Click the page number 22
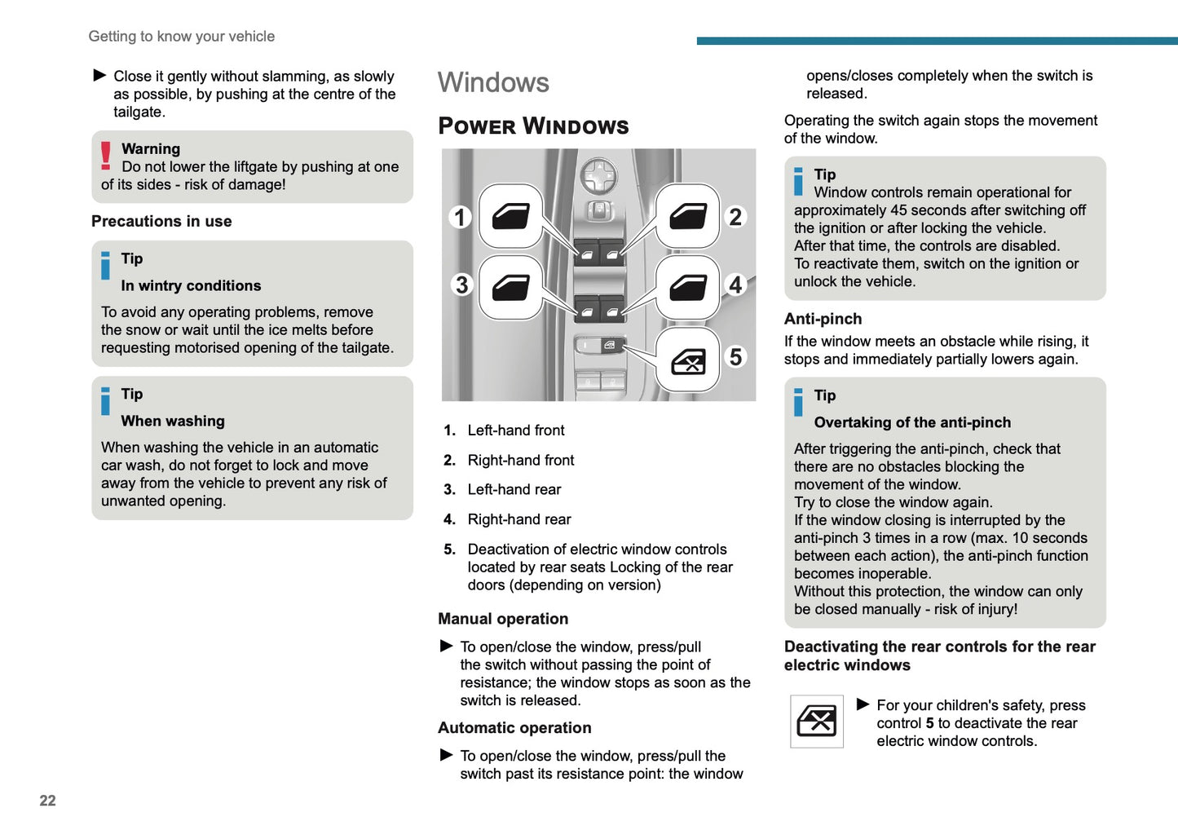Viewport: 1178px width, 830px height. (47, 801)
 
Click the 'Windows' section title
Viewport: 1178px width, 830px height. (493, 82)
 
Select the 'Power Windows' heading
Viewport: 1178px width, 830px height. (533, 126)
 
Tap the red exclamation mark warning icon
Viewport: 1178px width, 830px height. (106, 156)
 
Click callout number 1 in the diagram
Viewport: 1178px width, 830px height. (460, 217)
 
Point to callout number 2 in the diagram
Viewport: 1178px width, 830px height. (735, 217)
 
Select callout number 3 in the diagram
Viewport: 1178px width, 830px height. (461, 285)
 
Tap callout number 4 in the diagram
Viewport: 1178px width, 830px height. (735, 285)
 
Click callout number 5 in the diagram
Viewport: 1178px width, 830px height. (735, 356)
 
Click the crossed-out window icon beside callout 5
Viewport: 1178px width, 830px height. (688, 360)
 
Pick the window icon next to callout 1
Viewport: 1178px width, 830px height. (511, 216)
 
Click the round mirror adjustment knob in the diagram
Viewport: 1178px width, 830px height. (598, 174)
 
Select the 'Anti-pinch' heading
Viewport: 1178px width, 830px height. (823, 319)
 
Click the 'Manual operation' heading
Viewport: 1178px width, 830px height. (503, 619)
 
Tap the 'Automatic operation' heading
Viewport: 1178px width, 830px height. (514, 728)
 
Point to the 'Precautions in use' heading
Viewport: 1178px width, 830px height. (161, 221)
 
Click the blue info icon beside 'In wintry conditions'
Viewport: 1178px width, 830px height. (105, 266)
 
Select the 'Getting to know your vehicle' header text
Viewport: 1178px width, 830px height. (181, 37)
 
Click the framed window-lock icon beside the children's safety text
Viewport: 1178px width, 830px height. (816, 722)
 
